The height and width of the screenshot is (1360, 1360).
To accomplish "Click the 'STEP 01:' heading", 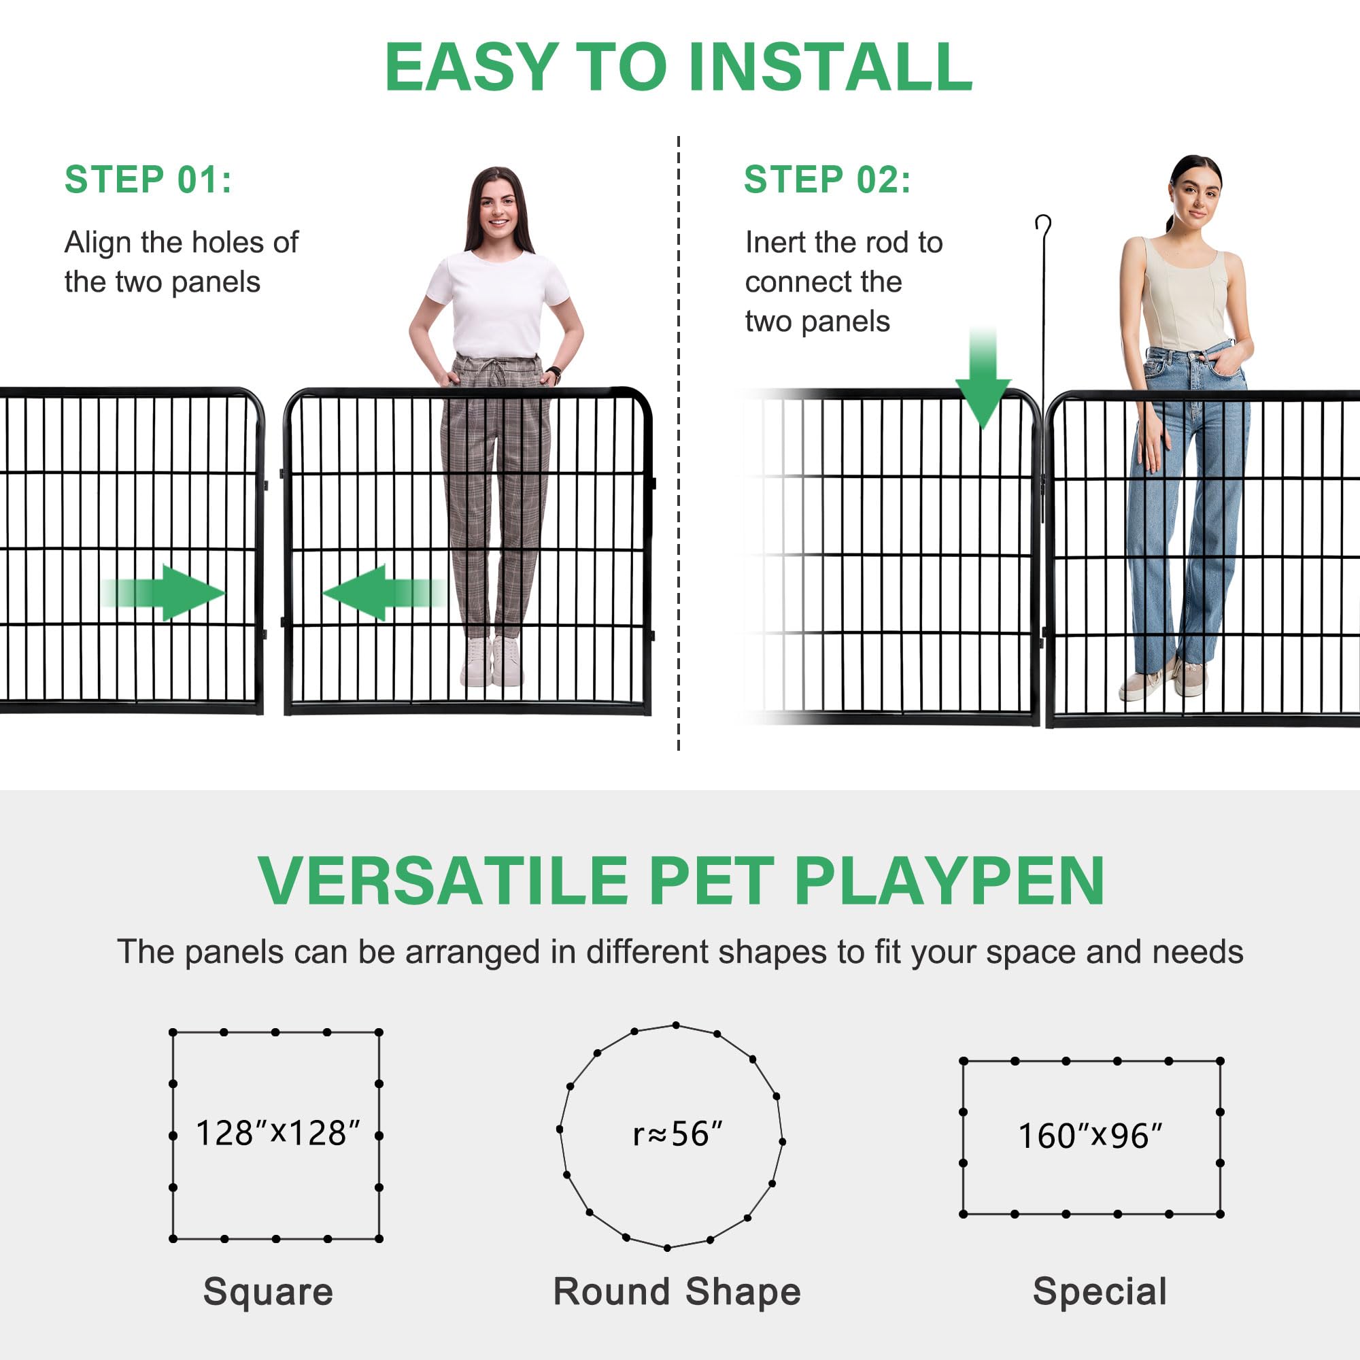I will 148,180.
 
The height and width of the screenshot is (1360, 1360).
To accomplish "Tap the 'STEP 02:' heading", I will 827,180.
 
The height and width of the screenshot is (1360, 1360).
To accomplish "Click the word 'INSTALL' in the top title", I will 831,67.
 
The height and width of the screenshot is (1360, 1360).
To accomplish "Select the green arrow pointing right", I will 169,593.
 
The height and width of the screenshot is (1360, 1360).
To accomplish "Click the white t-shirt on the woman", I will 498,303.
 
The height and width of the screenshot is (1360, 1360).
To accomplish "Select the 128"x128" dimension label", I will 277,1134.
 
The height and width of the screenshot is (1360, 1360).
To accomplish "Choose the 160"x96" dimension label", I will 1089,1136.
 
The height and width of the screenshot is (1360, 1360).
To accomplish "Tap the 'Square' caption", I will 268,1292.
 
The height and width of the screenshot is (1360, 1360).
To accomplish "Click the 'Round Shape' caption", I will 677,1292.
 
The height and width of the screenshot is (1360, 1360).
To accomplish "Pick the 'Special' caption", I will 1100,1292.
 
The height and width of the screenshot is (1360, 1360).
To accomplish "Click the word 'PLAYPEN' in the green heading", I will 949,881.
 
